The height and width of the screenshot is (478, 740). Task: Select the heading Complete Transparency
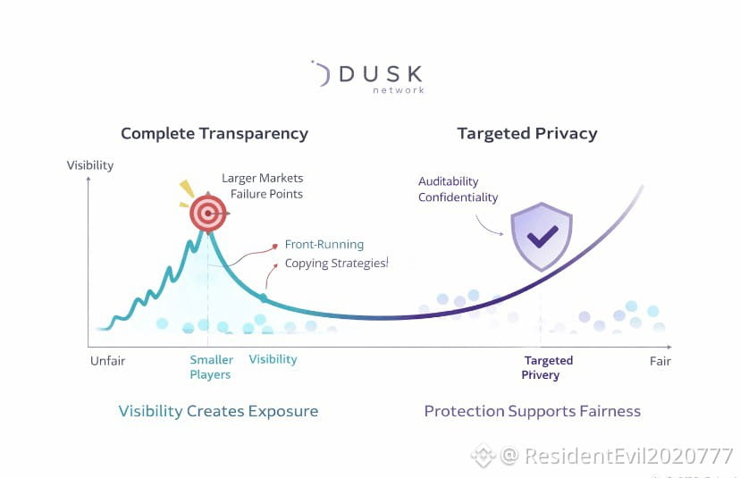click(214, 134)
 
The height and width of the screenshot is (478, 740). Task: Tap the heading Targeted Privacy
click(527, 134)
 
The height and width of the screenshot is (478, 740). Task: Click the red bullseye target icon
click(208, 212)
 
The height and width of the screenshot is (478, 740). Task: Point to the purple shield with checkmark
click(541, 234)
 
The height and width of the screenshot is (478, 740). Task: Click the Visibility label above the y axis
click(90, 165)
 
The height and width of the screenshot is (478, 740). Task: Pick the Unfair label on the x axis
click(107, 361)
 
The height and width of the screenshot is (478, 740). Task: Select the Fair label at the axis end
click(660, 362)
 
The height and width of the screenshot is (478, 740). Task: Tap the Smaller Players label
click(211, 367)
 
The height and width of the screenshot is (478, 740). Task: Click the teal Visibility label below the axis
click(273, 359)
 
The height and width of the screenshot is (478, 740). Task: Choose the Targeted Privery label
click(548, 368)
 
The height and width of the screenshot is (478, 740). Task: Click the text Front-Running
click(324, 244)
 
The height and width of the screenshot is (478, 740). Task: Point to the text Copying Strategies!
click(337, 264)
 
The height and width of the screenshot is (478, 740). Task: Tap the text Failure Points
click(267, 194)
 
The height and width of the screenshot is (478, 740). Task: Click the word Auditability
click(449, 181)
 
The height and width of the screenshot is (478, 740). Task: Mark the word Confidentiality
click(458, 197)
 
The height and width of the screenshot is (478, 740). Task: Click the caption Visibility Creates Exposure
click(218, 412)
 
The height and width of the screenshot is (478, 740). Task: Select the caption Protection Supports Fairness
click(533, 412)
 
